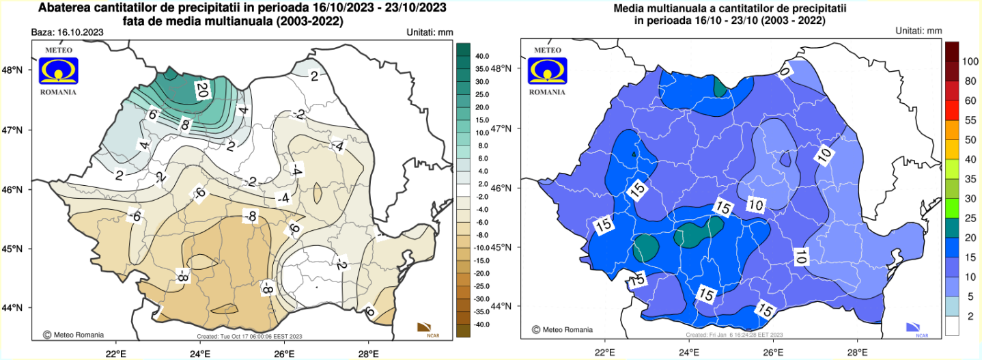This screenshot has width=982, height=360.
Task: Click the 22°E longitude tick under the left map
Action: (x=116, y=353)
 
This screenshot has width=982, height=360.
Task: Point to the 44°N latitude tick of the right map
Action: (x=509, y=306)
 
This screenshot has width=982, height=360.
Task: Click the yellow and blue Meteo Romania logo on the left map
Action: (x=58, y=71)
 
